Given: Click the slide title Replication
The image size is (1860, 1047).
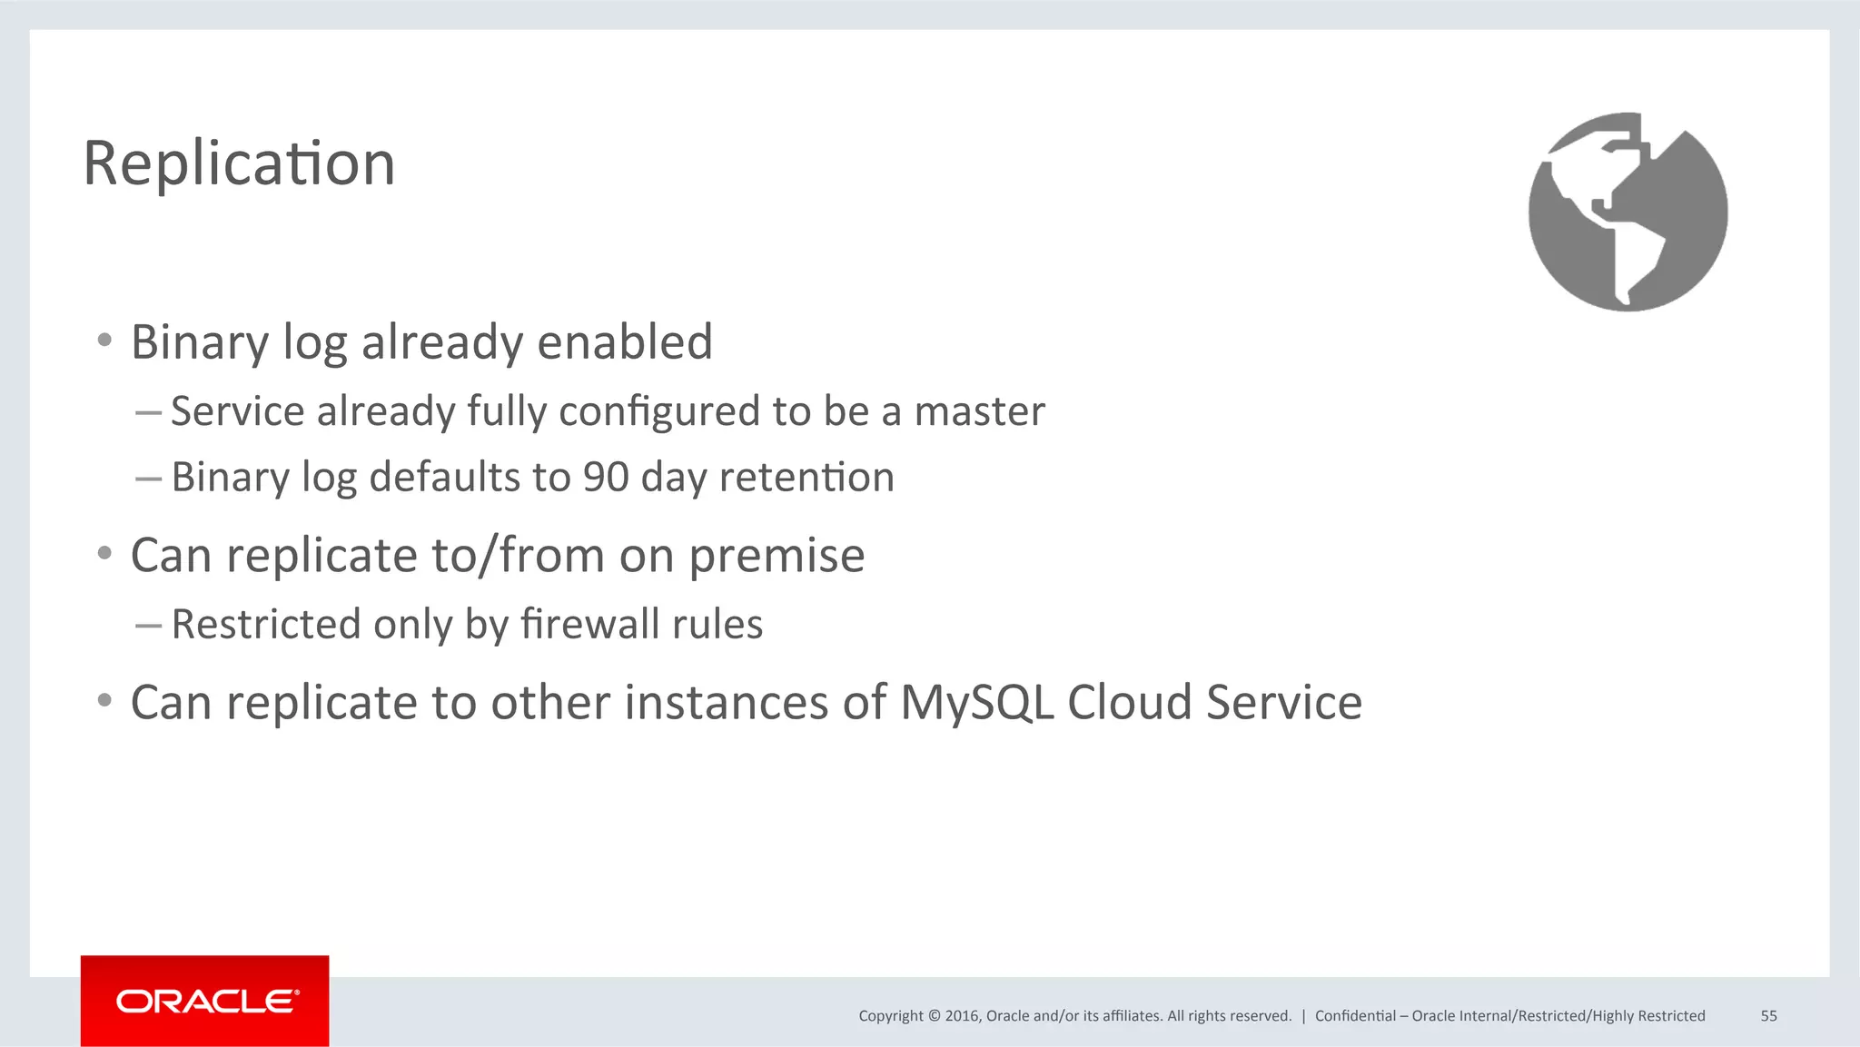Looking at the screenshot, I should [x=239, y=164].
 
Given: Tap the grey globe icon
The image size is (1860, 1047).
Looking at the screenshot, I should [x=1627, y=212].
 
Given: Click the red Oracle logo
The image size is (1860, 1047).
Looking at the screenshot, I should [x=205, y=1001].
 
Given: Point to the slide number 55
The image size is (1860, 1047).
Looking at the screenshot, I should [x=1768, y=1016].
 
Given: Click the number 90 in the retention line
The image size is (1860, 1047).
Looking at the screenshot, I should [x=606, y=478].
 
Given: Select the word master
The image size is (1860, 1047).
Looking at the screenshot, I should [x=979, y=412].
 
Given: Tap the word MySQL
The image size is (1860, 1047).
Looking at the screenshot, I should [x=976, y=703].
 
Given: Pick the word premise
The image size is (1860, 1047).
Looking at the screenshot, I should [x=777, y=556].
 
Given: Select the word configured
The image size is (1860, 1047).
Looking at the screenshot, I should [x=658, y=412].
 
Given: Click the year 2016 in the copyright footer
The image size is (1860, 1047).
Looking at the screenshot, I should [x=963, y=1016].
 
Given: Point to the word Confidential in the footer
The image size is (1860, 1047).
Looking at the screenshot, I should [x=1355, y=1016].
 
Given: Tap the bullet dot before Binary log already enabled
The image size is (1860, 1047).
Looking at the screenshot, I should [x=104, y=341].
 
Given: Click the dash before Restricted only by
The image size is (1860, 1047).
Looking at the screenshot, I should [x=148, y=625].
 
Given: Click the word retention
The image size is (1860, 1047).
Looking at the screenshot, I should [x=806, y=478].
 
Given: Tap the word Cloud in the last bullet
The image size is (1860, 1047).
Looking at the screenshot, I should [x=1129, y=703].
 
